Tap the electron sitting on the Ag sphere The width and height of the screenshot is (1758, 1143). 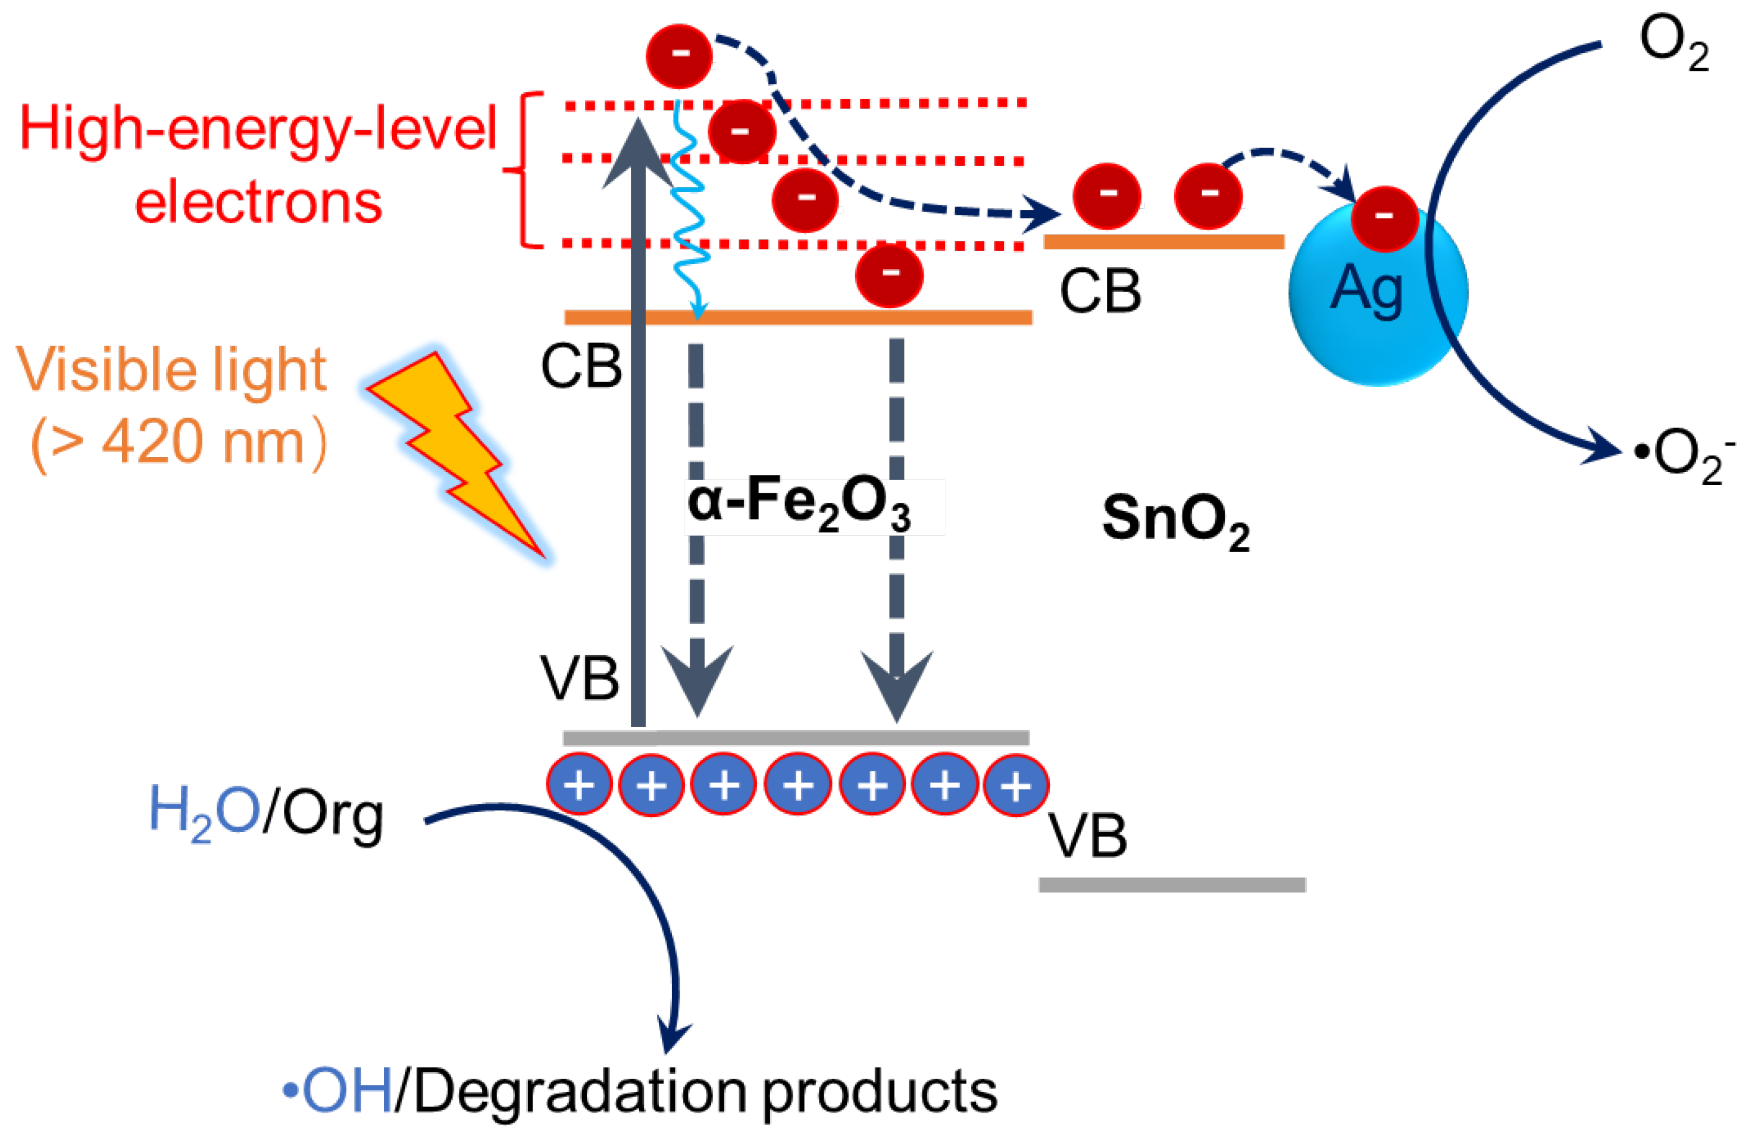point(1384,218)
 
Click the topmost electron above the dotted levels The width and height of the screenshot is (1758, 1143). point(679,55)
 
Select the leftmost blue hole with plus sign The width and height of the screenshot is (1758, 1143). point(579,784)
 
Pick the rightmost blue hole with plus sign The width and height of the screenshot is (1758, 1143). point(1016,785)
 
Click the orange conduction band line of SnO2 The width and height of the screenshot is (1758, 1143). point(1163,242)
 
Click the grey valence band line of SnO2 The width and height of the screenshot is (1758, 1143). point(1172,885)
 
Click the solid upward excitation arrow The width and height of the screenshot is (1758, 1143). point(638,443)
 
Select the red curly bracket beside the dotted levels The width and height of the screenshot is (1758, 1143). point(523,170)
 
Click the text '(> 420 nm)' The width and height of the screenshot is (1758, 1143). point(177,443)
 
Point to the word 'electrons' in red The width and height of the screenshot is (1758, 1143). point(258,203)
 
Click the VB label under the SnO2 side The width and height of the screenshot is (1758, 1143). point(1087,837)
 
